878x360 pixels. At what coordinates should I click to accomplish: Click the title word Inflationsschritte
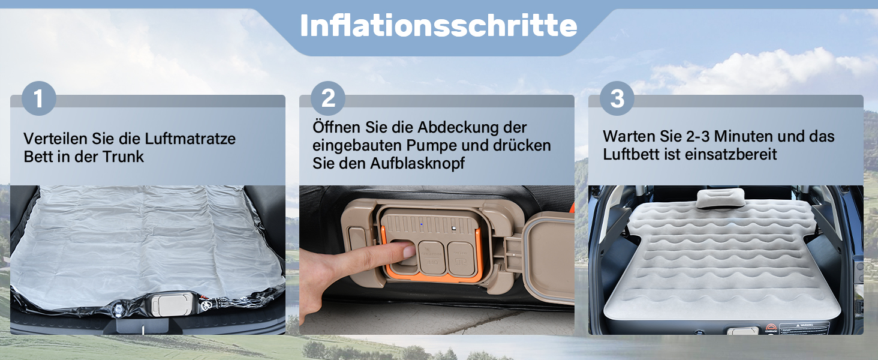[438, 26]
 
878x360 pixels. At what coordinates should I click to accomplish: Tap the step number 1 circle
[39, 98]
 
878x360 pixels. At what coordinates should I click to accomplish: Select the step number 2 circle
[328, 98]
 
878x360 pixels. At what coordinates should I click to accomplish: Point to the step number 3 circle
[617, 98]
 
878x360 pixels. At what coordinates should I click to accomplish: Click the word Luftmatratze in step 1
[190, 139]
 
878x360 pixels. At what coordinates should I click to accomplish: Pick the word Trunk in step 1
[123, 157]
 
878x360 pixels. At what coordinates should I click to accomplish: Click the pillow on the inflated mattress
[720, 199]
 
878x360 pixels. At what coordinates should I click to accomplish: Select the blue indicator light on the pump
[422, 224]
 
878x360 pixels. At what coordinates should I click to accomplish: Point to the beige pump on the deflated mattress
[172, 305]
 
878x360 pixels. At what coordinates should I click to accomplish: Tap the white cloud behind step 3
[756, 71]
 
